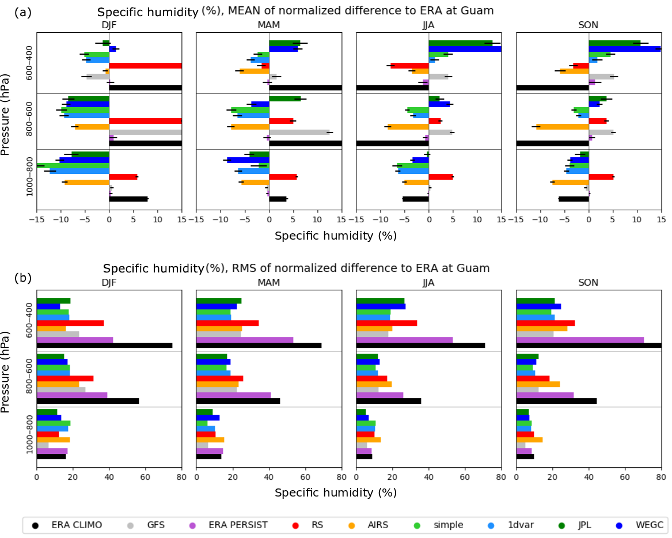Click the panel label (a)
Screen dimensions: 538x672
click(x=23, y=12)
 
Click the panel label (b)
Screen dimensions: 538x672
click(x=23, y=278)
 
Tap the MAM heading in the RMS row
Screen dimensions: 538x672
click(x=269, y=283)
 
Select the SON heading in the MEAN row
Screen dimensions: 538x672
click(x=589, y=25)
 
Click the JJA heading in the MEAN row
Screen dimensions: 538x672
click(x=428, y=25)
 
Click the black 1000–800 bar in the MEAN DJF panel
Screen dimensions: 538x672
click(x=128, y=199)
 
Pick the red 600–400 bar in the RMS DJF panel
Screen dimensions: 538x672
click(x=70, y=323)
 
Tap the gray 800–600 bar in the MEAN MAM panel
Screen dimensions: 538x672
click(x=299, y=132)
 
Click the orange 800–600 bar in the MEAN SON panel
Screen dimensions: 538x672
click(x=563, y=127)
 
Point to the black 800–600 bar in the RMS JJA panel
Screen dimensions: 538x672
click(x=389, y=401)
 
